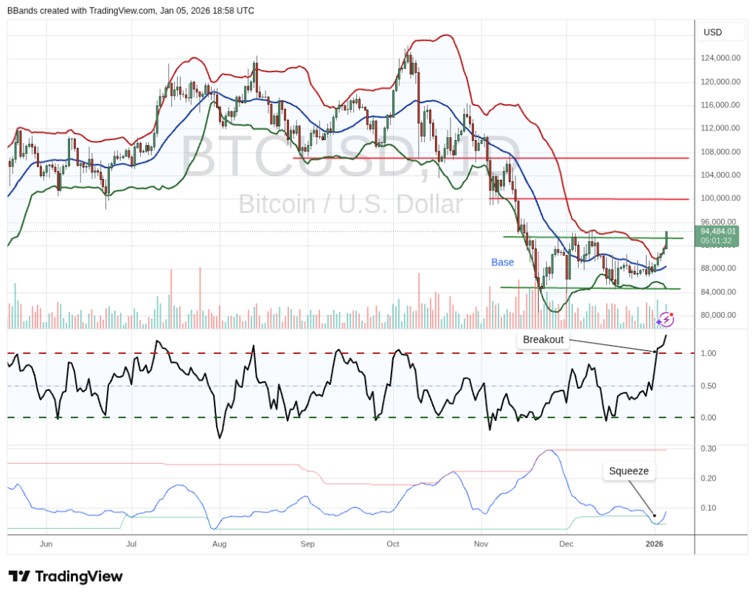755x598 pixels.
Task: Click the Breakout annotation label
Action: (543, 340)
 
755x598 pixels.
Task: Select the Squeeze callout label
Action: (628, 471)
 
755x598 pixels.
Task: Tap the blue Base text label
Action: (503, 262)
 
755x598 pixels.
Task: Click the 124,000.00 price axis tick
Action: (720, 58)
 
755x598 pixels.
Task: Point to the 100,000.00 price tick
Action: (720, 198)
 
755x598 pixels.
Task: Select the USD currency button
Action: (713, 32)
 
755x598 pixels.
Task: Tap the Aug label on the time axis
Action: (218, 544)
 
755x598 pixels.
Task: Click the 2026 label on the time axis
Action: (654, 544)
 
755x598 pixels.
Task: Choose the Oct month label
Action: (393, 544)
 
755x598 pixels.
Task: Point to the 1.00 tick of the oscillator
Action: (708, 354)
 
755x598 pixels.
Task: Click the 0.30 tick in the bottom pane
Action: (708, 448)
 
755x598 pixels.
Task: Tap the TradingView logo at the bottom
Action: (66, 577)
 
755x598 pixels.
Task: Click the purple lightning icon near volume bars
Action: (666, 319)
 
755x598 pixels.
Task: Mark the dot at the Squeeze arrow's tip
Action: (654, 515)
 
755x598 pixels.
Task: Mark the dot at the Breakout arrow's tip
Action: (655, 352)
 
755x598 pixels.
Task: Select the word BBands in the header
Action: (23, 11)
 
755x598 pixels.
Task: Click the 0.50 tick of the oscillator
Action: (708, 386)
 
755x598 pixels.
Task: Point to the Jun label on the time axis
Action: (46, 544)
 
